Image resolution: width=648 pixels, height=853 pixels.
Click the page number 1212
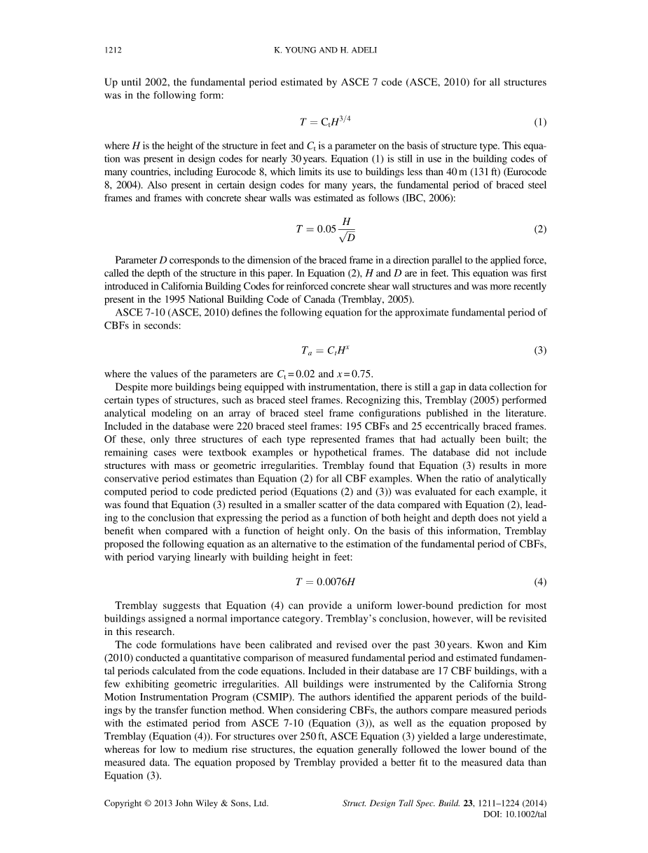point(113,50)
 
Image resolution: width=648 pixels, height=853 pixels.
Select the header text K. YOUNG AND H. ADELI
point(324,50)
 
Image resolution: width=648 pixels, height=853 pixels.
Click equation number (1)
point(539,123)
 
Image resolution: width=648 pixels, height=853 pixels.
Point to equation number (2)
point(539,229)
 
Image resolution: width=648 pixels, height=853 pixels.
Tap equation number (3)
point(539,350)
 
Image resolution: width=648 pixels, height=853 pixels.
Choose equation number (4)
point(539,582)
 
